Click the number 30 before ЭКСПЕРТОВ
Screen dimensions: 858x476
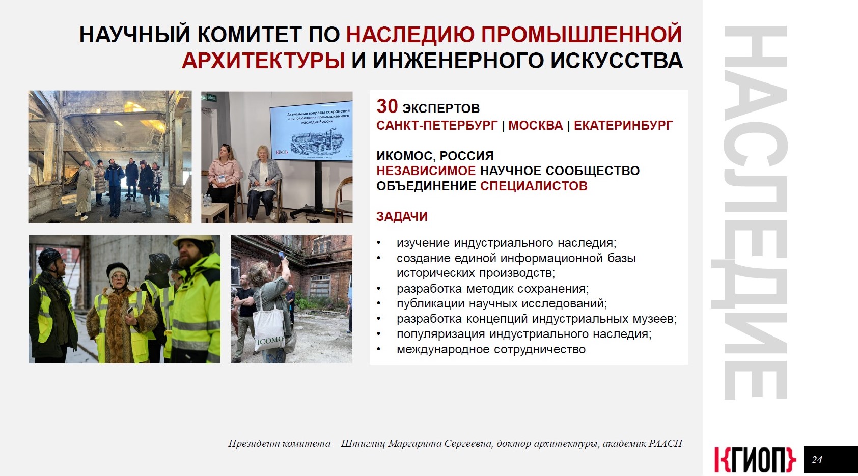pos(387,106)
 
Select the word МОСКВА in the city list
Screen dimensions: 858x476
pos(536,126)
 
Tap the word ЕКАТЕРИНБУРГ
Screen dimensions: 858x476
pos(623,126)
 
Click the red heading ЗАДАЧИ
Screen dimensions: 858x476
pos(402,217)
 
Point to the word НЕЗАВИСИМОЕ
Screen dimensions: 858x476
pos(426,171)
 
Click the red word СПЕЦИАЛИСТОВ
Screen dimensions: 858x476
pos(534,186)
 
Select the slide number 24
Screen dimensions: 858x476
pos(817,460)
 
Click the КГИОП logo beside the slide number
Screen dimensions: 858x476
pos(755,460)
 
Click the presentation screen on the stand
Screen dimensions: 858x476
pos(311,131)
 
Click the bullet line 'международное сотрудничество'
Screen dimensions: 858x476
pos(491,349)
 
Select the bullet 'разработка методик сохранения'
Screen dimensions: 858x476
pos(492,288)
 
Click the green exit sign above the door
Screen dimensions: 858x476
pos(212,98)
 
